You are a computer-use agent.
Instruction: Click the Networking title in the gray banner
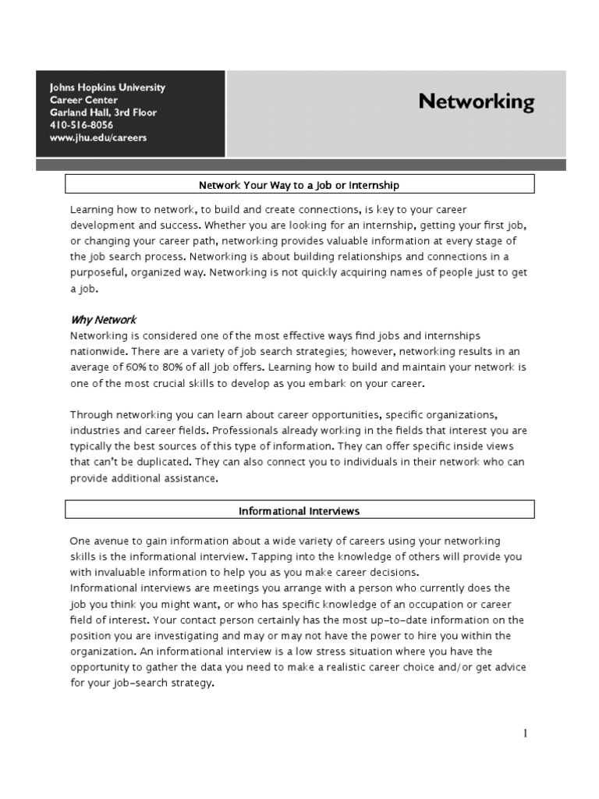(476, 102)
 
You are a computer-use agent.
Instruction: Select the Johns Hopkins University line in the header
(107, 87)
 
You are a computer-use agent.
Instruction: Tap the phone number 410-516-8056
(81, 125)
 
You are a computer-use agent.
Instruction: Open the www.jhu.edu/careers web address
(97, 137)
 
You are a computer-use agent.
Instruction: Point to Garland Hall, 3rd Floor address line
(103, 112)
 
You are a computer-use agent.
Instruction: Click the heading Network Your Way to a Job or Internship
(299, 185)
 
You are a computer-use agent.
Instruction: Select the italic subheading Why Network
(104, 320)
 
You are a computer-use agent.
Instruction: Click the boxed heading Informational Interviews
(299, 511)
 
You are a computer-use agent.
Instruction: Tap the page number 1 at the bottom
(526, 733)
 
